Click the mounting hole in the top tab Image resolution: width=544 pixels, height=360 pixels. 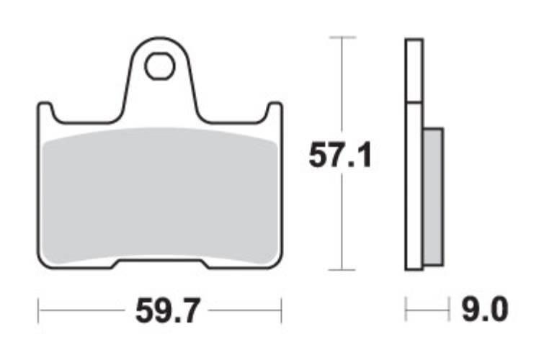159,66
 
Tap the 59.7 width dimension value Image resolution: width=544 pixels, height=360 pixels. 167,311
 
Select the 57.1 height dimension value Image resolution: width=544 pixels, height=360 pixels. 340,155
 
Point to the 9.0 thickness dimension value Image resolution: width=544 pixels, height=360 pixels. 485,309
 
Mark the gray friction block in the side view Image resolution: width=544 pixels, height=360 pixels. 433,197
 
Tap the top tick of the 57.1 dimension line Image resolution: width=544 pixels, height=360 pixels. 342,37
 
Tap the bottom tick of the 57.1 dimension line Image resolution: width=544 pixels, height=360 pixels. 342,269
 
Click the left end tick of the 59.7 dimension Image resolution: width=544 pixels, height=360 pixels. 38,310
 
